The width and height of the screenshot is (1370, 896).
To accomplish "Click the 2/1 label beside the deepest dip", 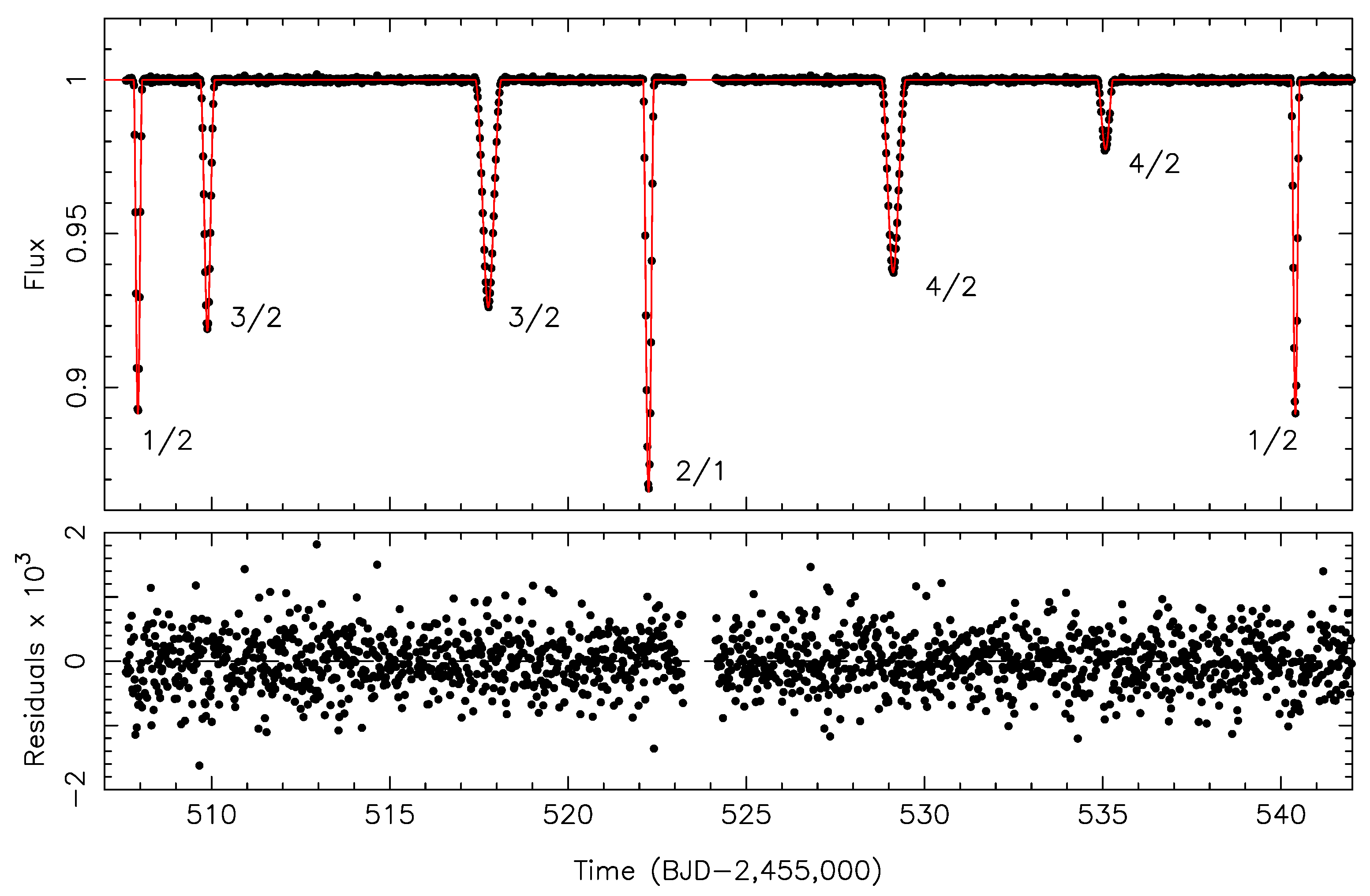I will (700, 471).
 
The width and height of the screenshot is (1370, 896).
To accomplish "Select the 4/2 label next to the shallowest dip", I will (1154, 164).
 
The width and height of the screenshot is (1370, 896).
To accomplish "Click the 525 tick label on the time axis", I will (746, 815).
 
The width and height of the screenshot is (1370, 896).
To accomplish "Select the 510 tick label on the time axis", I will (211, 815).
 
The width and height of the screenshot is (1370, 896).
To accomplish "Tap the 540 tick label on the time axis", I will (1281, 815).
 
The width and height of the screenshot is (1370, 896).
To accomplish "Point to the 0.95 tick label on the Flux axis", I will (77, 233).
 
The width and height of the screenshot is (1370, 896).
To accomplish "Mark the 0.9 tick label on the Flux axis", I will (77, 388).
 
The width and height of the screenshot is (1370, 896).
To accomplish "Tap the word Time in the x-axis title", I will (604, 871).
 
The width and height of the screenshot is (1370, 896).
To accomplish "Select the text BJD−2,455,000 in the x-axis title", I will (766, 871).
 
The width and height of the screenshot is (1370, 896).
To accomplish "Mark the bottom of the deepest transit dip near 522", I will (649, 488).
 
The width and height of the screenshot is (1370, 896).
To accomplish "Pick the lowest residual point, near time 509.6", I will (199, 765).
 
